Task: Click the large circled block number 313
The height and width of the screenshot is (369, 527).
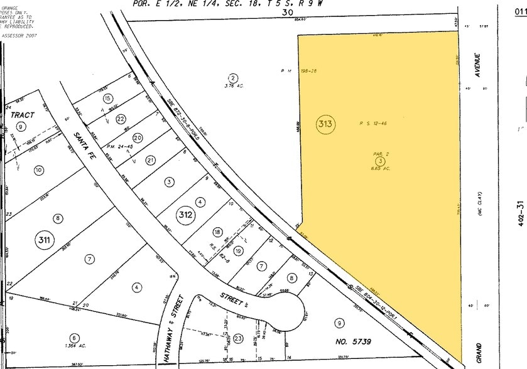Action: [325, 124]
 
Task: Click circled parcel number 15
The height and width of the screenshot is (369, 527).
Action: [107, 99]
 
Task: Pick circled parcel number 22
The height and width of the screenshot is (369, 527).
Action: [121, 119]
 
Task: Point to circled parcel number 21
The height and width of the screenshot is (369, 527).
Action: [150, 161]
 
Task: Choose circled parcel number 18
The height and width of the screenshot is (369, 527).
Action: [217, 232]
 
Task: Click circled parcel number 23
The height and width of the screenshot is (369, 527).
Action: [238, 338]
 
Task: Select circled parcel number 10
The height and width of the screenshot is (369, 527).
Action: [38, 169]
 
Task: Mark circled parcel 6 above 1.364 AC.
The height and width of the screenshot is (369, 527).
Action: [73, 337]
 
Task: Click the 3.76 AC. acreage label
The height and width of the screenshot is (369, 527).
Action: [232, 86]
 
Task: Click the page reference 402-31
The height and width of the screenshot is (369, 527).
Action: [519, 213]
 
